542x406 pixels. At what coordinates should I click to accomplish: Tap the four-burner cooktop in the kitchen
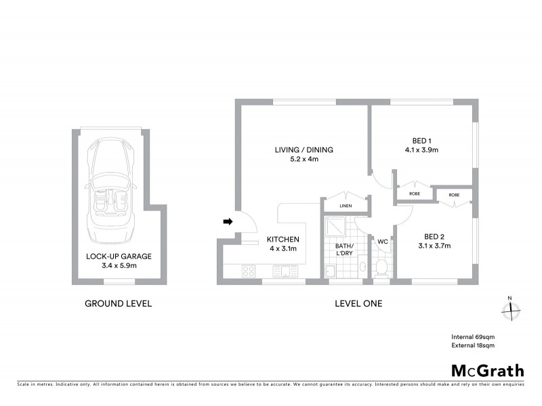pos(249,271)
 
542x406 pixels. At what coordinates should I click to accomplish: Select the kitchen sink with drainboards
pos(281,271)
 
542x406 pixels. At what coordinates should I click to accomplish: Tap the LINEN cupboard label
pos(346,206)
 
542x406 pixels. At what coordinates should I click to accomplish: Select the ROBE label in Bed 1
pos(414,194)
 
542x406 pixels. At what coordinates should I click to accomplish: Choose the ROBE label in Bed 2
pos(454,195)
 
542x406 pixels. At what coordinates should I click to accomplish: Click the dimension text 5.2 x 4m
pos(304,160)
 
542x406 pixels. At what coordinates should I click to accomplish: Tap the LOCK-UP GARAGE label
pos(119,256)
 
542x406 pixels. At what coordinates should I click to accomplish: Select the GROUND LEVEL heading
pos(118,304)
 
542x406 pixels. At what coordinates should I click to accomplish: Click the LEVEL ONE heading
pos(358,304)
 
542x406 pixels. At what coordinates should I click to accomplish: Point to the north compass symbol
pos(510,309)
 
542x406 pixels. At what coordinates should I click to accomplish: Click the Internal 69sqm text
pos(473,336)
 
